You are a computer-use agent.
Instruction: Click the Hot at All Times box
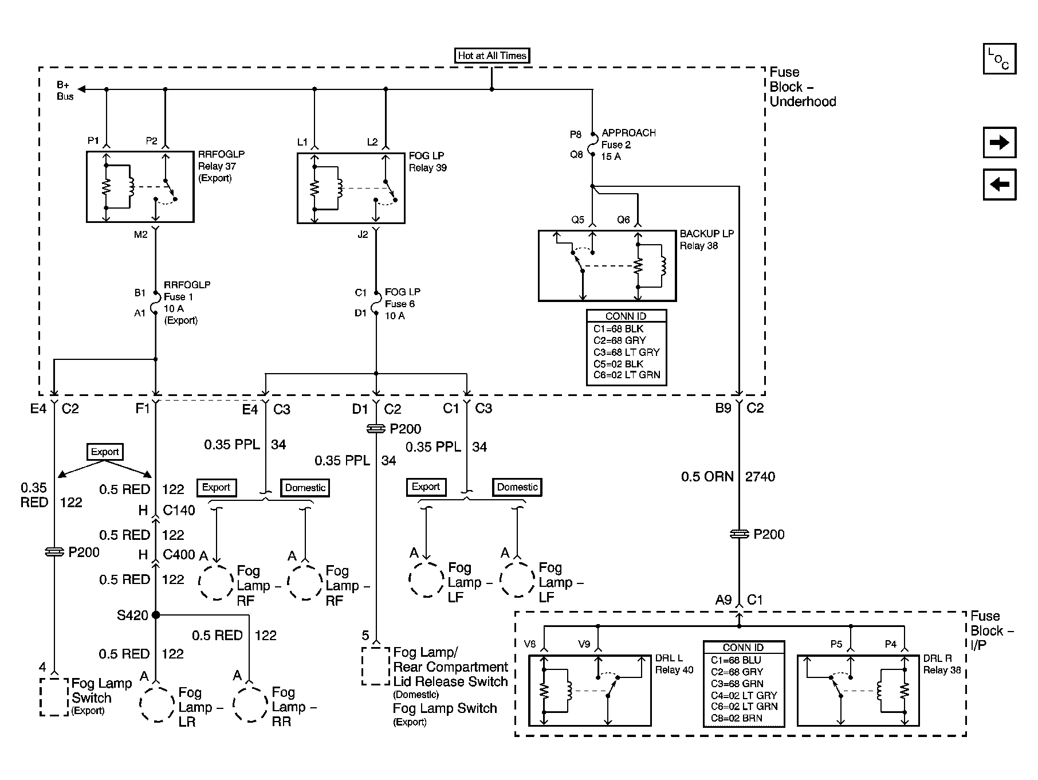point(492,56)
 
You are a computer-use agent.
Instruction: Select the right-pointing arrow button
point(999,142)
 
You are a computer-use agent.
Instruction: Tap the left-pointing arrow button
point(999,184)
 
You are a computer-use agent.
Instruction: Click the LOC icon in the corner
point(999,59)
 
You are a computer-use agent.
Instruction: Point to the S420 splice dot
point(156,615)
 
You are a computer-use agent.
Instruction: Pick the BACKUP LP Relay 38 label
point(706,240)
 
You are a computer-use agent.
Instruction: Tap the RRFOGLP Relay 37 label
point(221,166)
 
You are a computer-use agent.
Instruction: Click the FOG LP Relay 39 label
point(427,162)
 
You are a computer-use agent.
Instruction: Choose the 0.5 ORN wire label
point(707,476)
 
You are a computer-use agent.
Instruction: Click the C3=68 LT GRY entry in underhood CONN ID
point(626,352)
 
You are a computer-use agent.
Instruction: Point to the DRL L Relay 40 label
point(674,664)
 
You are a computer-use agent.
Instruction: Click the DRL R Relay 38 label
point(942,664)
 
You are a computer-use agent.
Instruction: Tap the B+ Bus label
point(65,91)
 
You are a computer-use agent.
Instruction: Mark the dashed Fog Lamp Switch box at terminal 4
point(54,697)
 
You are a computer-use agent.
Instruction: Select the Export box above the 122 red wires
point(105,452)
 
